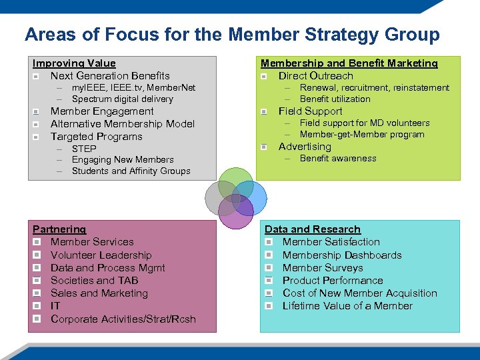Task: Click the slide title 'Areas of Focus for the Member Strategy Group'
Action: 232,35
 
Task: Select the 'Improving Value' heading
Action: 74,63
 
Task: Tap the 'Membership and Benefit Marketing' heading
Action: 349,63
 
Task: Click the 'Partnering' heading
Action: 59,229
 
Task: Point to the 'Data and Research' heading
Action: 312,229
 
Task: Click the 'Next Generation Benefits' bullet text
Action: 110,76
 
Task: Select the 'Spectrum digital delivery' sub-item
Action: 122,99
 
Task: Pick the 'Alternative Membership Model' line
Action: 123,124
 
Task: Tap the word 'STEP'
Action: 84,149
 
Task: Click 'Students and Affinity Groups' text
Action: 131,171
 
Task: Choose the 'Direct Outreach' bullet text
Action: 315,76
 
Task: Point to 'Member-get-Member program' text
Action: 362,135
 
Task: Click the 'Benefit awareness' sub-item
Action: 338,159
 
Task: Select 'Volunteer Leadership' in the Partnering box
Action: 101,255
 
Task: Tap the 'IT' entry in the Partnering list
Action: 55,306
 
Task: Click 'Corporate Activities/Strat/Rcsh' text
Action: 123,319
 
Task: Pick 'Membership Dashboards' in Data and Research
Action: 342,255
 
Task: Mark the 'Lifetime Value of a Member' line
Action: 347,306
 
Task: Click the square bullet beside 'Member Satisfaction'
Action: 269,242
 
